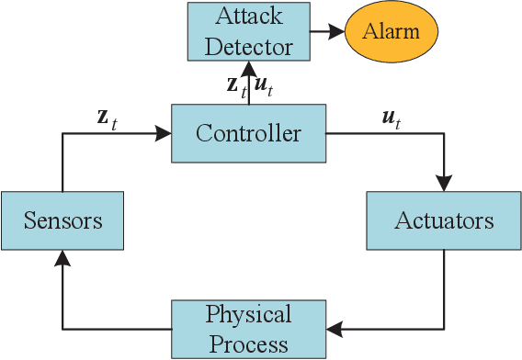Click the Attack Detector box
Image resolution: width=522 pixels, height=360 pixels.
click(x=248, y=31)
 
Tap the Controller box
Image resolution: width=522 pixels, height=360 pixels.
click(x=248, y=134)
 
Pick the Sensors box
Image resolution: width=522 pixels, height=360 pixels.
click(x=63, y=220)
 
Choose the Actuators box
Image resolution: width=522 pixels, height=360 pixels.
click(x=444, y=220)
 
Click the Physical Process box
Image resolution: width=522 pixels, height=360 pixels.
click(x=248, y=329)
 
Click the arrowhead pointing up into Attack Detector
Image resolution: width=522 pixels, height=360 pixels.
click(x=248, y=67)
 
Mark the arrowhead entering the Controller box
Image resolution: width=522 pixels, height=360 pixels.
click(x=165, y=134)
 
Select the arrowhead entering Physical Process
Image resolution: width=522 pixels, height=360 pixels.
click(x=333, y=329)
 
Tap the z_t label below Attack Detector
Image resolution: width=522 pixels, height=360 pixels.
click(x=235, y=88)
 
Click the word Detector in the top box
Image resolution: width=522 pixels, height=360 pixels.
click(x=248, y=45)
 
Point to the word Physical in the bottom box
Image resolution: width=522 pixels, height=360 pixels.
click(x=248, y=315)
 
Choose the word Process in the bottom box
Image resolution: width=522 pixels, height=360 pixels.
click(x=248, y=343)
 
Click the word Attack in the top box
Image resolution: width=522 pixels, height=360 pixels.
click(x=248, y=17)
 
